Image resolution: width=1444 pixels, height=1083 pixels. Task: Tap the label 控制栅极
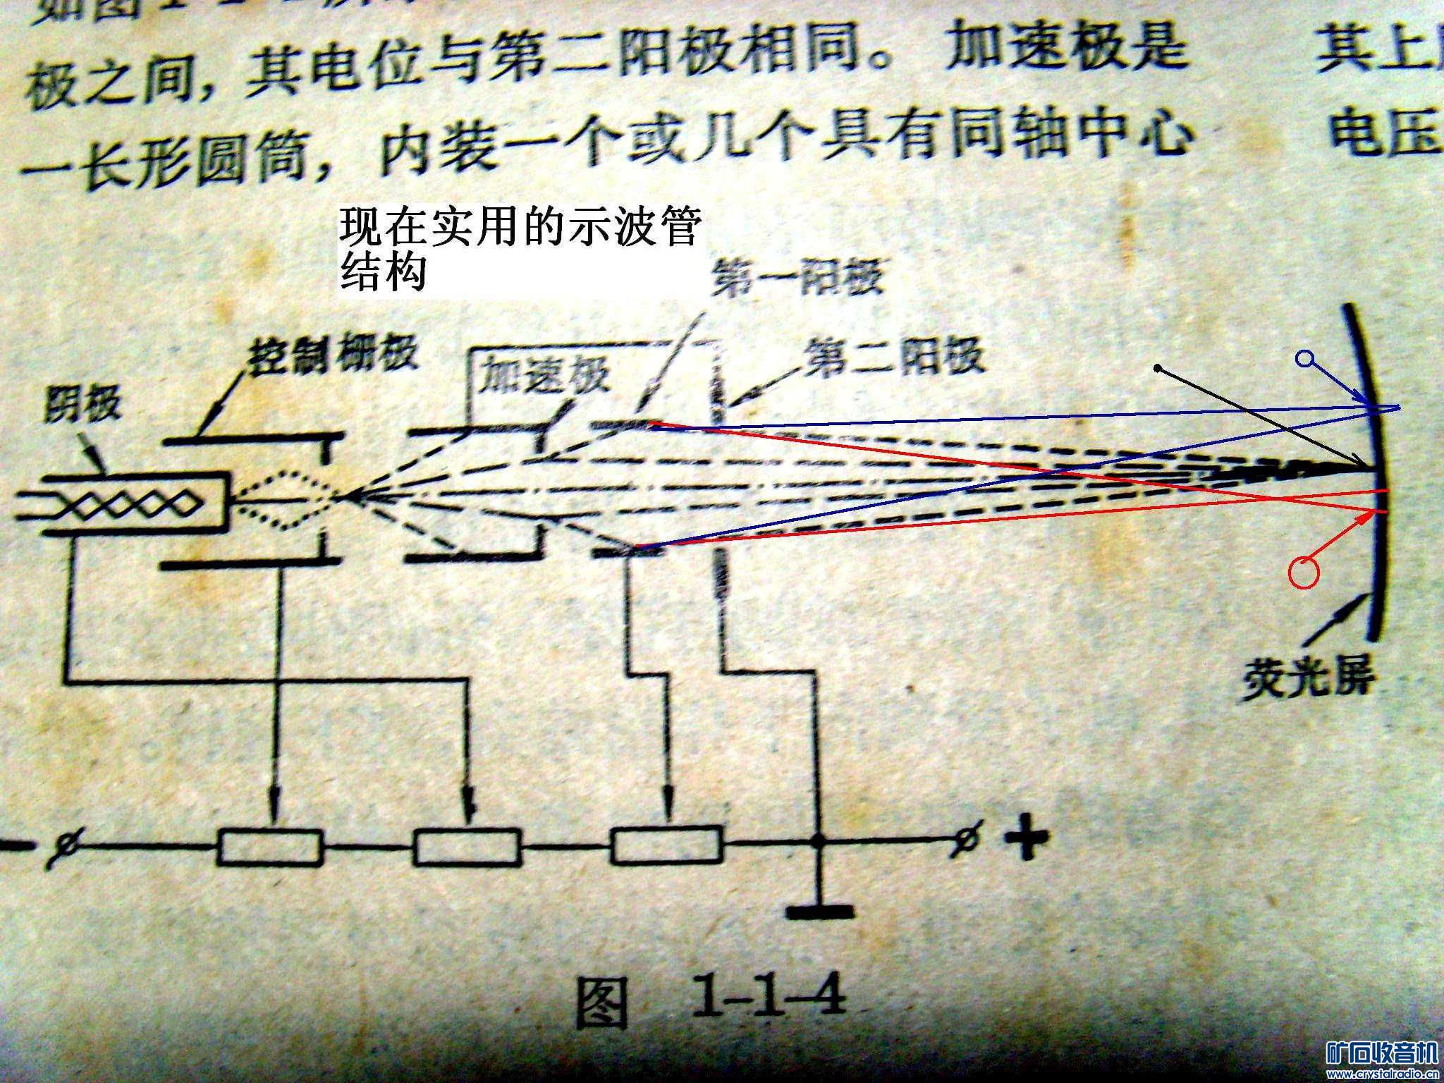pyautogui.click(x=331, y=356)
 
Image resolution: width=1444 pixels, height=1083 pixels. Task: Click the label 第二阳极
pyautogui.click(x=895, y=357)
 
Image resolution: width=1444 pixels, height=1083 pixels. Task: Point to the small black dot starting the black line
pyautogui.click(x=1157, y=368)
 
